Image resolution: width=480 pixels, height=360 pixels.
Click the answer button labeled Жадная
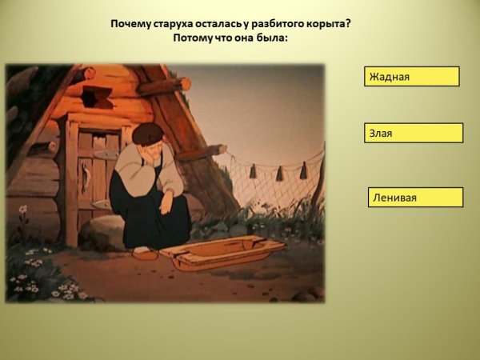411,77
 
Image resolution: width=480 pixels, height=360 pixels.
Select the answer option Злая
414,133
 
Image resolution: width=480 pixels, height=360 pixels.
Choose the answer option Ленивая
414,197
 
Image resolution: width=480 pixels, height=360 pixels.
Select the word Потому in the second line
190,38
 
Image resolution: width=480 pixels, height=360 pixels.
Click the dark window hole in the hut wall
98,97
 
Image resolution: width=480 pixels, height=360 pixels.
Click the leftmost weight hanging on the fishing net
253,171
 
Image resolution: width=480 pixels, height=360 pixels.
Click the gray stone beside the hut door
104,231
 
